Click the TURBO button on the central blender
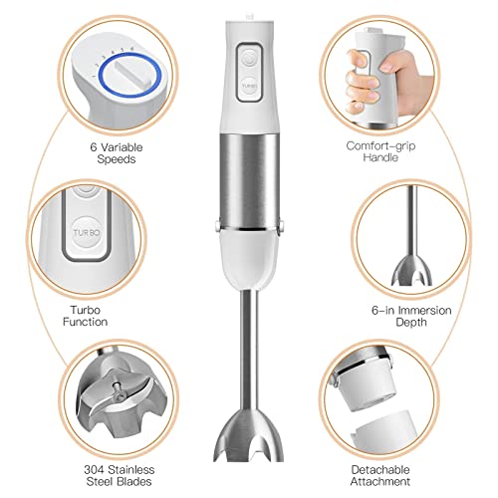pos(249,87)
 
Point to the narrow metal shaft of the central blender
pos(249,339)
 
